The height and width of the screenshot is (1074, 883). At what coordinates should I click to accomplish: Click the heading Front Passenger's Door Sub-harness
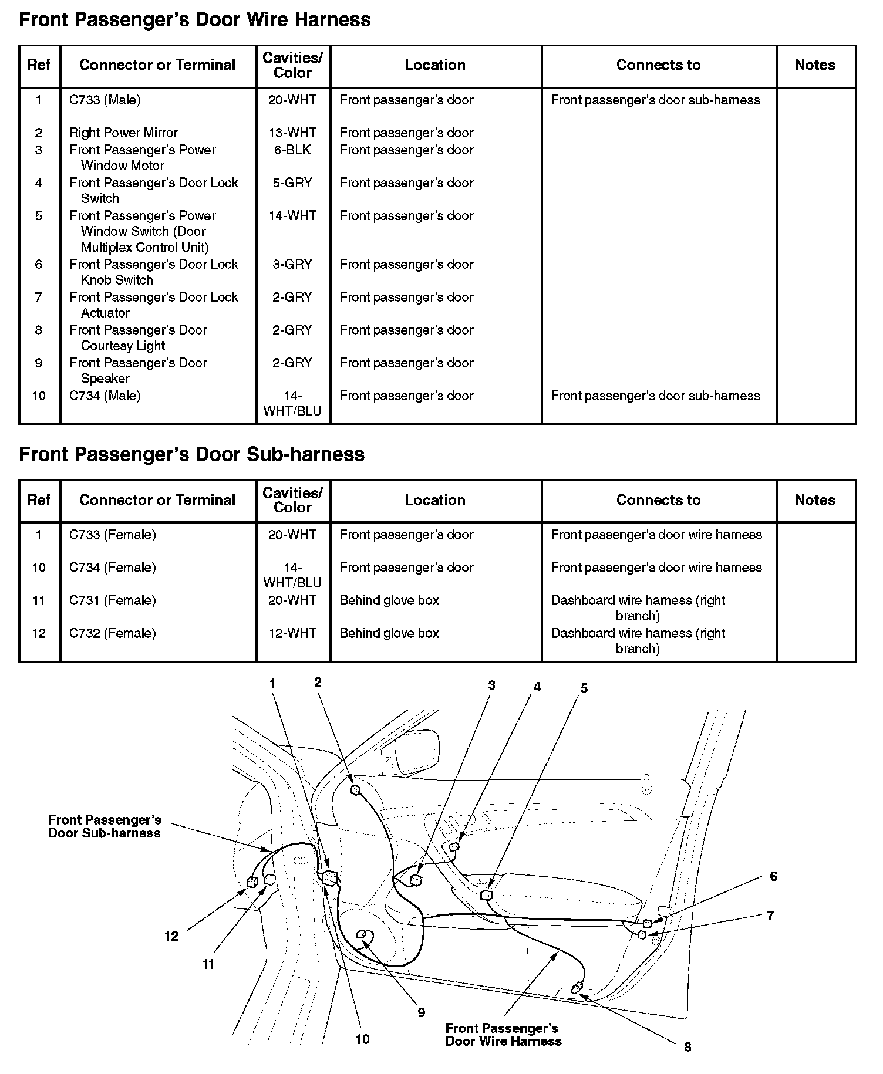191,454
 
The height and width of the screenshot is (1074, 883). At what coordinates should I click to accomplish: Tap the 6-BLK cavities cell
292,150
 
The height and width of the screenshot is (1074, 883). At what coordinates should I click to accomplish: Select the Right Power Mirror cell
123,133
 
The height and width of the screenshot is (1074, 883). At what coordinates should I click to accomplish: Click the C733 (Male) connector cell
105,100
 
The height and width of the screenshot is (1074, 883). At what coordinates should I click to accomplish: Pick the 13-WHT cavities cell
292,133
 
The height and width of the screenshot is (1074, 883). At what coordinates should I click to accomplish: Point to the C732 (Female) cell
113,633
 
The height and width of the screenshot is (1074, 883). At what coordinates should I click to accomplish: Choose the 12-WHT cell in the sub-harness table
292,633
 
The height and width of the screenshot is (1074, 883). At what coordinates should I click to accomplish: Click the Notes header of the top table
815,65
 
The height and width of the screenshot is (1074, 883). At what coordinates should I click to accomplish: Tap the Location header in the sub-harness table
435,500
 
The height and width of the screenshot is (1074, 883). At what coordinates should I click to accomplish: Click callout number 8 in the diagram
687,1046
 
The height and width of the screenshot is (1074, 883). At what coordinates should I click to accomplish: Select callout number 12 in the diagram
171,936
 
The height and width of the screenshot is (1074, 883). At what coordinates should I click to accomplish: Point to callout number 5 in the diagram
584,688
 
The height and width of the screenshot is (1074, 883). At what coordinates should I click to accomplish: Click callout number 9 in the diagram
421,1012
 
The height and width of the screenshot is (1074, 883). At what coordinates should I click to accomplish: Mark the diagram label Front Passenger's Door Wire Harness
503,1035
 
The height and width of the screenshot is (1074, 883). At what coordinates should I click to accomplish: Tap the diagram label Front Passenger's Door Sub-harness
105,826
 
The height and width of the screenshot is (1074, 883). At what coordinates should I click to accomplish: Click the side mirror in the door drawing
416,752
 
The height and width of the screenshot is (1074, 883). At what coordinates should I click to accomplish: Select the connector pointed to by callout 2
355,790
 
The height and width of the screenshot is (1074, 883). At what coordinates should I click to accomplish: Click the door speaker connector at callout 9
362,935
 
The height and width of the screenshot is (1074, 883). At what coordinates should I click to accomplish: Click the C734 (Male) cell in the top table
105,396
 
